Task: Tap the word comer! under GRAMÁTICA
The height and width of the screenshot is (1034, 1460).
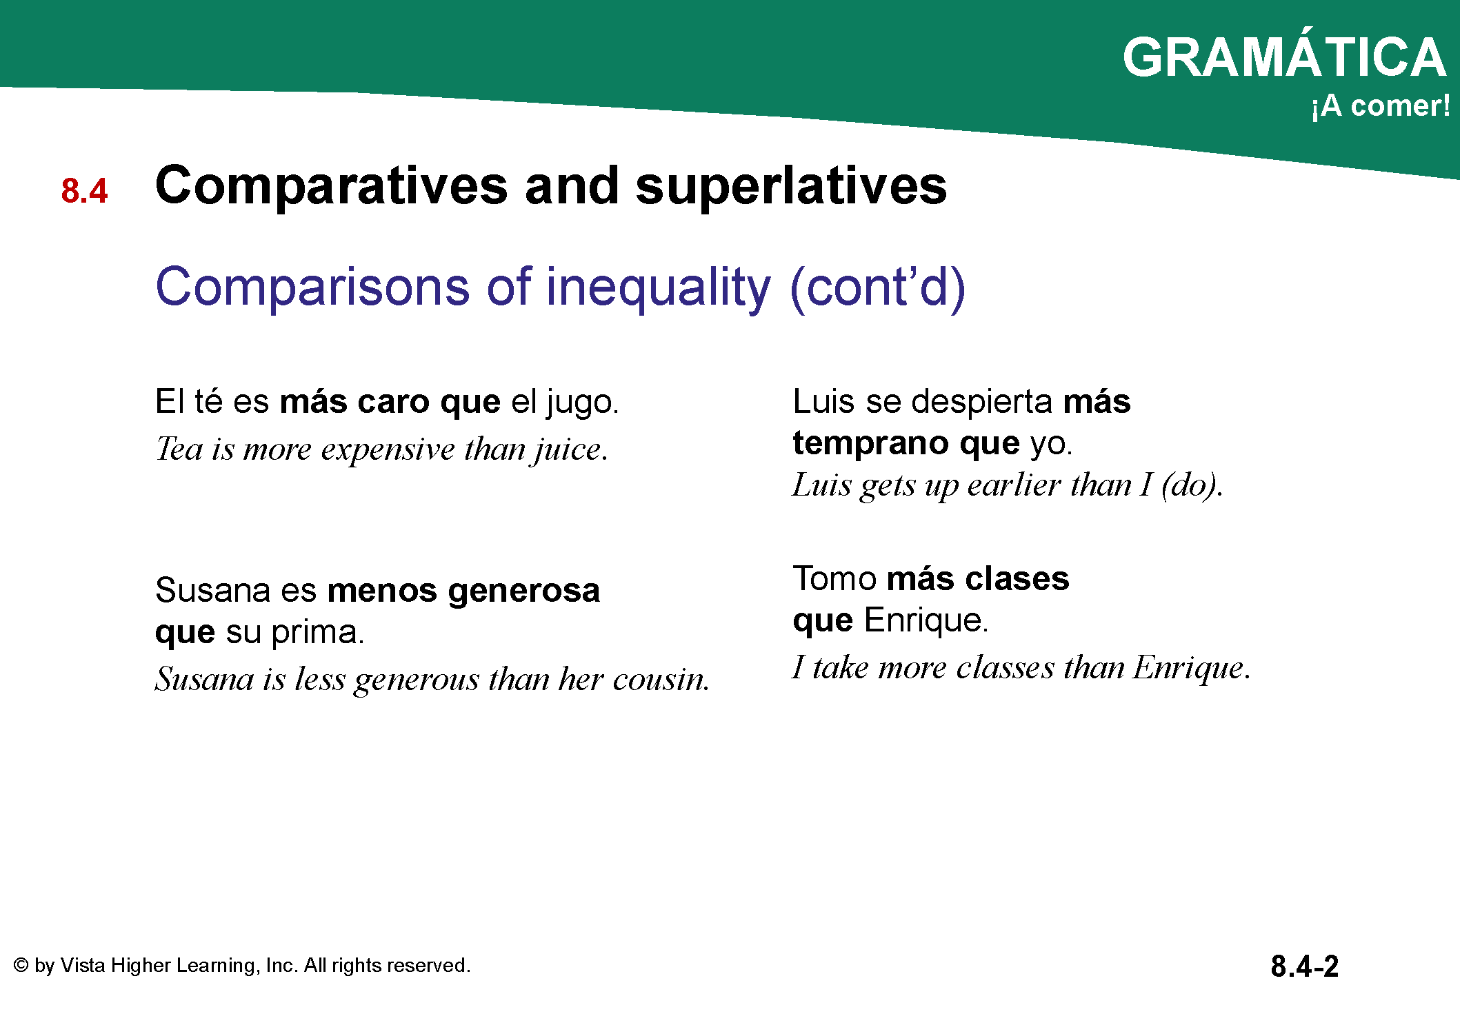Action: (1400, 105)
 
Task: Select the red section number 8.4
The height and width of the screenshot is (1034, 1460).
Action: (84, 191)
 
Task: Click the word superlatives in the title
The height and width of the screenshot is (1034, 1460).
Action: (791, 186)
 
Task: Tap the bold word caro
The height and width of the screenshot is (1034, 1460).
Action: (394, 402)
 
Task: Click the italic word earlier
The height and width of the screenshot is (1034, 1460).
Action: (1014, 485)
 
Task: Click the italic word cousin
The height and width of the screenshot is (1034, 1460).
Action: (661, 680)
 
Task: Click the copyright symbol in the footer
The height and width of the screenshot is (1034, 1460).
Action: (21, 965)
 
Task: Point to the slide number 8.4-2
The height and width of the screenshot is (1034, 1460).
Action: (1305, 966)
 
